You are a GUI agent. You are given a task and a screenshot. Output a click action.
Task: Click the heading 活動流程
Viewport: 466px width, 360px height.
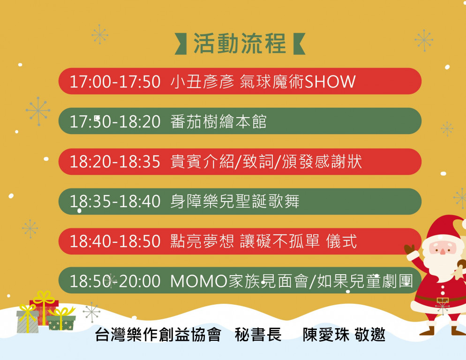click(240, 44)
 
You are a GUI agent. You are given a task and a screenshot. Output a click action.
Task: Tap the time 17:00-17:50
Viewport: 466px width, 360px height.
click(115, 82)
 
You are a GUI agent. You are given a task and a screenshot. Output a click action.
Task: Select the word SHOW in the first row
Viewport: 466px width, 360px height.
click(330, 82)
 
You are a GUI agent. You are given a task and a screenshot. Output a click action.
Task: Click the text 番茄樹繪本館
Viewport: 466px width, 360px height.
click(218, 121)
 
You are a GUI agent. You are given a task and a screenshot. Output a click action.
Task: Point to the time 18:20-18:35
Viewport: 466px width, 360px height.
click(115, 162)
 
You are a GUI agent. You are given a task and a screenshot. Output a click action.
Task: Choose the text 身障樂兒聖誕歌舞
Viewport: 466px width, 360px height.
click(235, 201)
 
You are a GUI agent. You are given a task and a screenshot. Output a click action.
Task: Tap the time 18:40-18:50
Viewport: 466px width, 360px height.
click(115, 241)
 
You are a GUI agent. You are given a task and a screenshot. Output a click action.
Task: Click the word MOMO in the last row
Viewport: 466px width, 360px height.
click(199, 281)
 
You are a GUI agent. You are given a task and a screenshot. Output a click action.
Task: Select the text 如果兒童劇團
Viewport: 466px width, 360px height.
click(365, 281)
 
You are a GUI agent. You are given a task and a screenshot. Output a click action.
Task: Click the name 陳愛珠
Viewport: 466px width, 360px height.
click(326, 334)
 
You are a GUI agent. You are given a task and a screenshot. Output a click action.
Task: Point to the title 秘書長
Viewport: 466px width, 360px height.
click(258, 334)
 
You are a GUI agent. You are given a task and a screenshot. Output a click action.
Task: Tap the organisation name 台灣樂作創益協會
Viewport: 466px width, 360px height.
click(158, 334)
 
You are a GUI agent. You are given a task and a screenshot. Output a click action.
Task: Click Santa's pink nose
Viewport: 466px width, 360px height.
click(443, 252)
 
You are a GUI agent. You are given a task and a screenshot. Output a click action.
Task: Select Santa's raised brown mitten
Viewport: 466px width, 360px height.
click(410, 249)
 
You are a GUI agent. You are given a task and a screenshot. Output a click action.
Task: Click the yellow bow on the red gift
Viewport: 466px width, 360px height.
click(44, 298)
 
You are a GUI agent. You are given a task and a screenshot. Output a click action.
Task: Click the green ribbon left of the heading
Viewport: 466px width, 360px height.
click(180, 44)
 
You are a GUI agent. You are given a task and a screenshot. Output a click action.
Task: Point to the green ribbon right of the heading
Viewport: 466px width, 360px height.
click(299, 44)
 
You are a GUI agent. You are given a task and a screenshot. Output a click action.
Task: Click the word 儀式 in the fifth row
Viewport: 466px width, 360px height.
click(341, 241)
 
